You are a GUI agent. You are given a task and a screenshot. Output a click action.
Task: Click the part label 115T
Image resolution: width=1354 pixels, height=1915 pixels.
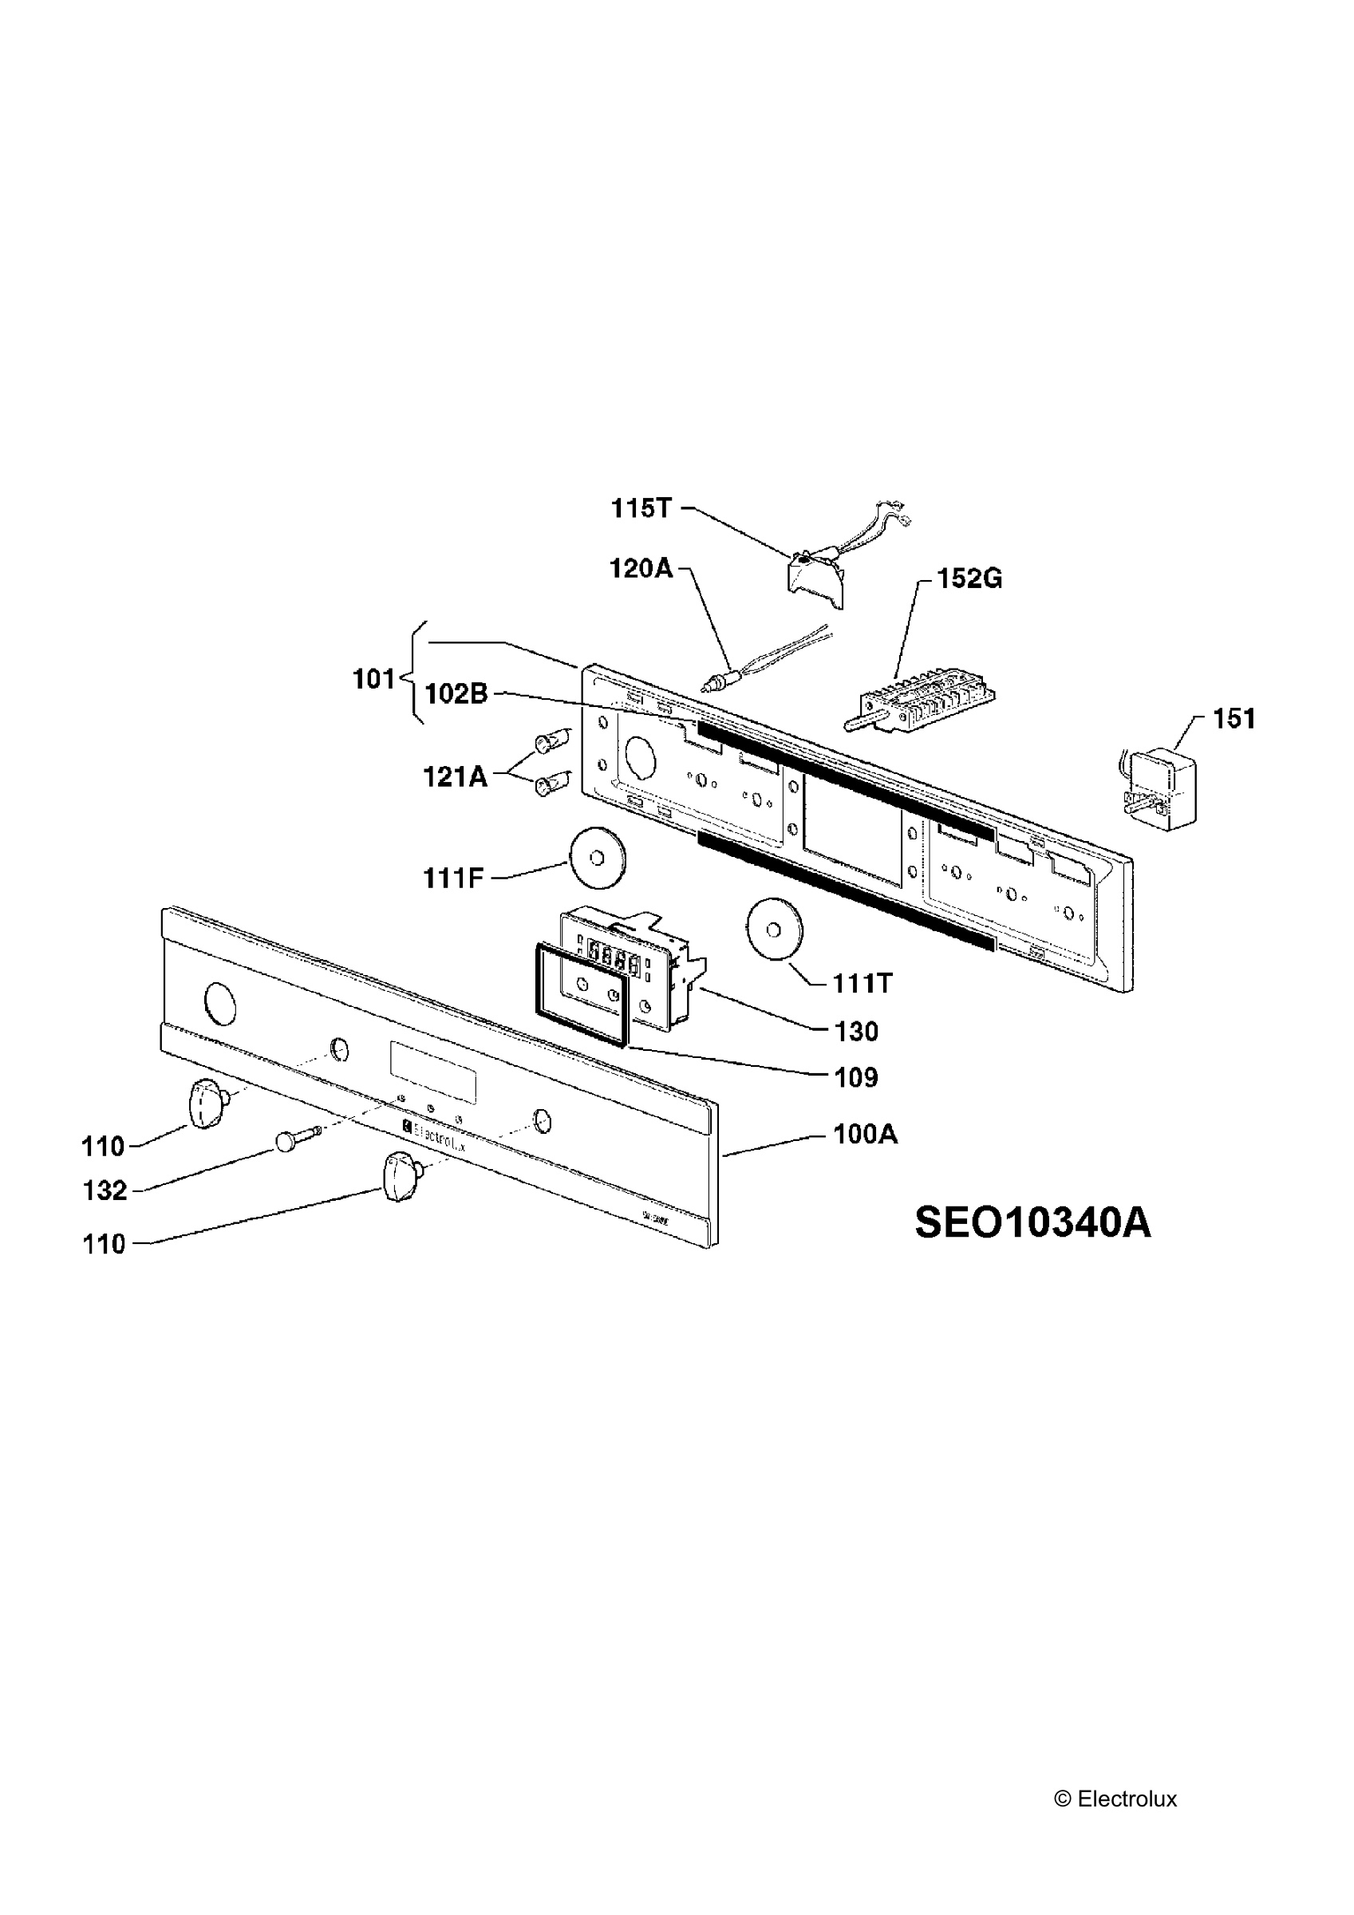point(641,508)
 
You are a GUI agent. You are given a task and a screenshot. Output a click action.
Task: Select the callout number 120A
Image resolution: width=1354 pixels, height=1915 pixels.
point(641,569)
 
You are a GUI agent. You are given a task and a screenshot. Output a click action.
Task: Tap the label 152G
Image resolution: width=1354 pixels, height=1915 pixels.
point(969,578)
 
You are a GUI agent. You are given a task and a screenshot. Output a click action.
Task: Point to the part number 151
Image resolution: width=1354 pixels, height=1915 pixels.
point(1234,718)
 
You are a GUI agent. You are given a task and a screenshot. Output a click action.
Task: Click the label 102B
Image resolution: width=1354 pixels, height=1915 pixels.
point(456,693)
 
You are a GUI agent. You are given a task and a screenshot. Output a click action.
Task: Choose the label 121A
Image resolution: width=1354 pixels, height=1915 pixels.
point(455,777)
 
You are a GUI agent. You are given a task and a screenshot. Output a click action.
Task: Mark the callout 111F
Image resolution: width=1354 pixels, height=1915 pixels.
point(453,879)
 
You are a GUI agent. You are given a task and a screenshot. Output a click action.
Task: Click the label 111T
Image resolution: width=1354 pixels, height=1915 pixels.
point(863,984)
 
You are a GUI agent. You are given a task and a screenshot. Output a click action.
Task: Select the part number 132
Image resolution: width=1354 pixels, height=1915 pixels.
point(105,1190)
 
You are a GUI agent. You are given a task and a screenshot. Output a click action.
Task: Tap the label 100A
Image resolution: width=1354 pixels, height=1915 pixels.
point(866,1135)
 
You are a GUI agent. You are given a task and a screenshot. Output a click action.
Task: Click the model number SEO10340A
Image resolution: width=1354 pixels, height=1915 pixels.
point(1032,1222)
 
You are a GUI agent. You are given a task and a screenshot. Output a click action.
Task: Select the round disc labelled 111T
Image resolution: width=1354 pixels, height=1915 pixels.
point(774,928)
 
